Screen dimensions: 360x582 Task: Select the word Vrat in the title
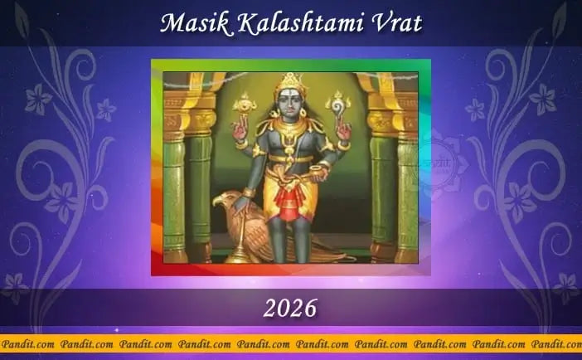[x=394, y=22]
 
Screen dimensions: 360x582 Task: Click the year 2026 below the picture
[x=290, y=309]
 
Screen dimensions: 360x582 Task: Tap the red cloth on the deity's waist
[x=288, y=204]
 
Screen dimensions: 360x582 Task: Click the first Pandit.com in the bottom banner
[x=27, y=343]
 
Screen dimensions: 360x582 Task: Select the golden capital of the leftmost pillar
[x=175, y=120]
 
